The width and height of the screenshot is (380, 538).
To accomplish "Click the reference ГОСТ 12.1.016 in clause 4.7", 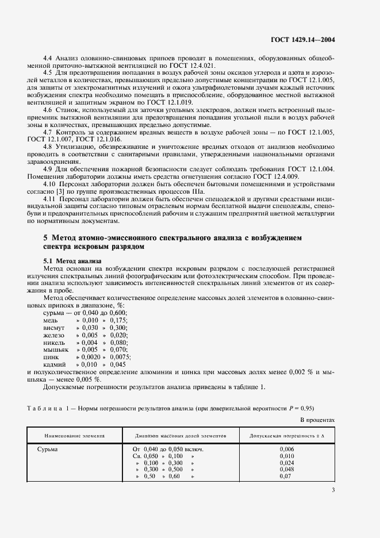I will pos(105,139).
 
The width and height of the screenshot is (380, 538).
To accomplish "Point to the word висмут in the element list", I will pos(54,326).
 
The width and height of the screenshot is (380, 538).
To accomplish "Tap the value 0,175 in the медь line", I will pos(118,319).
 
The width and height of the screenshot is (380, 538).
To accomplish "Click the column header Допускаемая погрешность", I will pos(286,436).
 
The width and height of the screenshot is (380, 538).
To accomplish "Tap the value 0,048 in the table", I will pos(286,469).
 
